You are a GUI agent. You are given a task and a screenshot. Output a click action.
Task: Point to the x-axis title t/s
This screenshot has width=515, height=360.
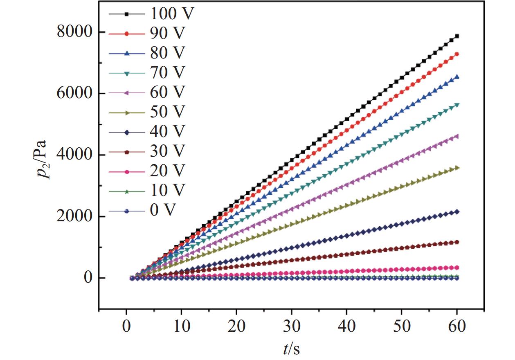coord(291,349)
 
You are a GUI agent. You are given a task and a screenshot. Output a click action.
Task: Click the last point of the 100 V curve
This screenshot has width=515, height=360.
coord(457,36)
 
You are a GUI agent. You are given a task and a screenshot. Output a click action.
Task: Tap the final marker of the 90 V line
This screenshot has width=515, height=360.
coord(457,54)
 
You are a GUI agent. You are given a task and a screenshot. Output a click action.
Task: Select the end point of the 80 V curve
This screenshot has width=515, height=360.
coord(457,76)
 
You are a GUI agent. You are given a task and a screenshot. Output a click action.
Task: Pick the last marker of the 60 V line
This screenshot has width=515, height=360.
coord(457,136)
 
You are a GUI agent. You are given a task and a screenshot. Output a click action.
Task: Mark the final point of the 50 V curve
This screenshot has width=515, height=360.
coord(457,168)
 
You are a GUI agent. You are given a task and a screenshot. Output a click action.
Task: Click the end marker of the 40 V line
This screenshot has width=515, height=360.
coord(457,211)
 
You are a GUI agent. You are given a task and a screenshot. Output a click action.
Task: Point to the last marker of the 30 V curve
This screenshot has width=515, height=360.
coord(457,242)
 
